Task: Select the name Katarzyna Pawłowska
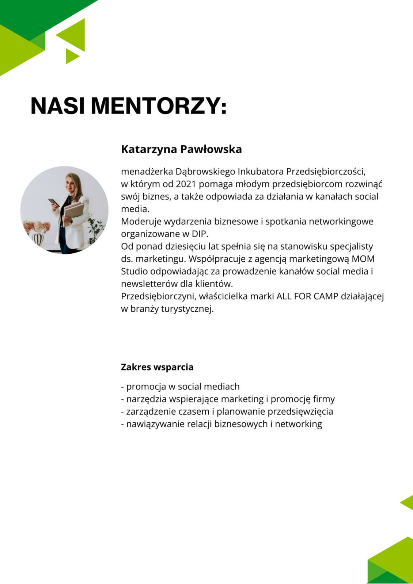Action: coord(181,149)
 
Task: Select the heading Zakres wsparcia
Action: coord(157,367)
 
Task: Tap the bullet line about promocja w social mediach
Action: coord(180,387)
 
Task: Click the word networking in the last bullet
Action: coord(299,424)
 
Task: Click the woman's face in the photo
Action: coord(71,182)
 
